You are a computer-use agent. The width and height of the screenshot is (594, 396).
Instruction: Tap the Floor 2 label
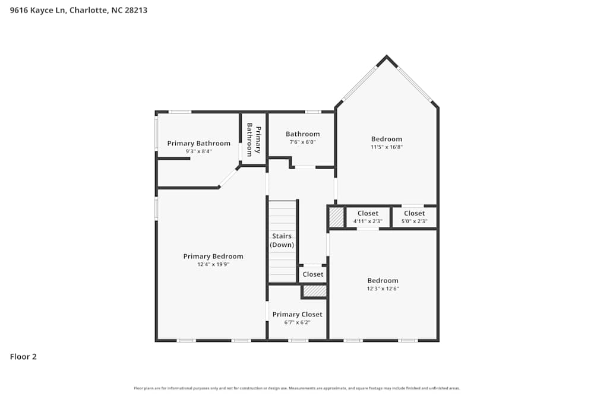[23, 357]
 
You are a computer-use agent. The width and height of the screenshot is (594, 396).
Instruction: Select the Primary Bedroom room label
[213, 256]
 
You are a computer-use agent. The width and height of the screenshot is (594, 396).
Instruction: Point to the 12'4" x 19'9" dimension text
[213, 265]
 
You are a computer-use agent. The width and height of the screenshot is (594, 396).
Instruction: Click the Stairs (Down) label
[282, 240]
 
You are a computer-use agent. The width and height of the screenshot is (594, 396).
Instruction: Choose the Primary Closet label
[297, 314]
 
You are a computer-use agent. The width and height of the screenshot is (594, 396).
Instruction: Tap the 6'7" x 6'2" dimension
[297, 322]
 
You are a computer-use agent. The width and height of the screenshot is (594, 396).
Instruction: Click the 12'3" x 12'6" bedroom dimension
[383, 289]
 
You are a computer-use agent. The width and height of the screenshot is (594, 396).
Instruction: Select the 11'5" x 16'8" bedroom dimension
[387, 147]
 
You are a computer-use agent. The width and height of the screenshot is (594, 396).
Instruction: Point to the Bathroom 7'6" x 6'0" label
[302, 138]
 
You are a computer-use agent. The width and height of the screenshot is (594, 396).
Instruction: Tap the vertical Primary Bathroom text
[254, 140]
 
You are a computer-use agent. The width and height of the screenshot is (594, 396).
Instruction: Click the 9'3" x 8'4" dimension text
[198, 151]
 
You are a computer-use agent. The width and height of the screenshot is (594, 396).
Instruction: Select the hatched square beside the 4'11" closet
[337, 217]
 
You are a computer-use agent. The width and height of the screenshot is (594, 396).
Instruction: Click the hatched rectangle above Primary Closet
[315, 291]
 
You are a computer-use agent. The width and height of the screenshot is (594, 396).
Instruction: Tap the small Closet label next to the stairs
[313, 274]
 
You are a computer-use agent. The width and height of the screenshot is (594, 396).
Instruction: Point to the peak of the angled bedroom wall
[387, 58]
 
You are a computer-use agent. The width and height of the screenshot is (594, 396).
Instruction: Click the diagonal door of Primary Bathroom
[229, 177]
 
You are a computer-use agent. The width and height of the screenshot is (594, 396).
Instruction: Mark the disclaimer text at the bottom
[297, 388]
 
